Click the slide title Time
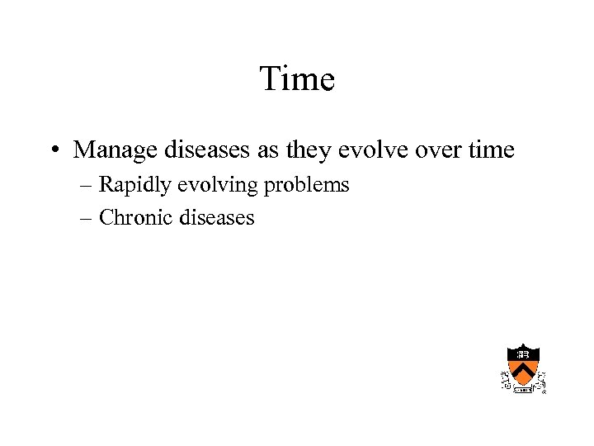click(297, 79)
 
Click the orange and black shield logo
click(523, 367)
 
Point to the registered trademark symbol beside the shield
click(544, 391)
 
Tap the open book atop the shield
click(523, 353)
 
